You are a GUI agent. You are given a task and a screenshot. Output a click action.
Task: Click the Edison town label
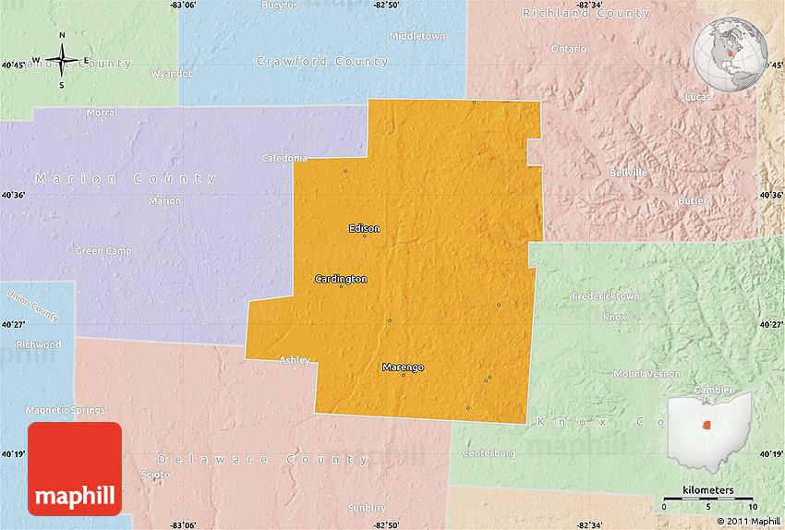[x=364, y=228]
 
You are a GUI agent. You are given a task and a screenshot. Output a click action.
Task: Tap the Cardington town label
[x=341, y=279]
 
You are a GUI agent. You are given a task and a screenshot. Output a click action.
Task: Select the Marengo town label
[x=403, y=367]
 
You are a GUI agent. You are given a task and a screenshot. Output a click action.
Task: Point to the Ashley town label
[x=295, y=360]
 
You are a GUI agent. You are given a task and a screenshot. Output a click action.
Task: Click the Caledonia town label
[x=284, y=158]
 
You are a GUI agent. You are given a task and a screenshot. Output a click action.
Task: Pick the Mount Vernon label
[x=646, y=374]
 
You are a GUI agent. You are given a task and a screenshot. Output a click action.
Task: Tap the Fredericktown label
[x=606, y=296]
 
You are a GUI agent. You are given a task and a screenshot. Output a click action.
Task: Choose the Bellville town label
[x=628, y=173]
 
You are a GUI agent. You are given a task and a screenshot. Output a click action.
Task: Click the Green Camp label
[x=103, y=251]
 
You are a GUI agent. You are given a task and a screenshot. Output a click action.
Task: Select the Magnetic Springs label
[x=65, y=410]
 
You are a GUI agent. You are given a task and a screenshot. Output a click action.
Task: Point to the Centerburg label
[x=489, y=453]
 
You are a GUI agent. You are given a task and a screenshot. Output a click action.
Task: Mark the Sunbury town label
[x=367, y=508]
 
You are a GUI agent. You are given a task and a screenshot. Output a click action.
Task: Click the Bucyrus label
[x=280, y=6]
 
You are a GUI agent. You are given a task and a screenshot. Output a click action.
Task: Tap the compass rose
[x=62, y=61]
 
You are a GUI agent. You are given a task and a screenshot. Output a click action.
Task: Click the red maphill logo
[x=75, y=469]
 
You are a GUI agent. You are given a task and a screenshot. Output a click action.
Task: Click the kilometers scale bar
[x=708, y=500]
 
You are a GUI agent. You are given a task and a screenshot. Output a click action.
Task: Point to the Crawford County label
[x=322, y=62]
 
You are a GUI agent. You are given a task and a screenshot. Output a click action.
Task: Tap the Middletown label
[x=417, y=36]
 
